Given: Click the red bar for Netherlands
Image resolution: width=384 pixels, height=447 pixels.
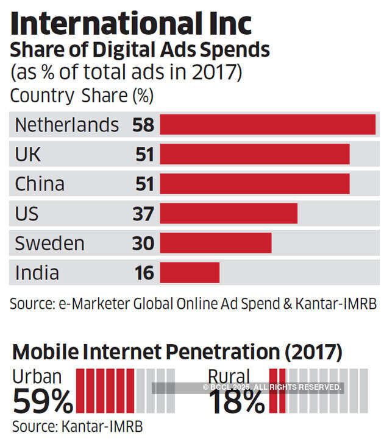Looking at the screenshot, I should pyautogui.click(x=268, y=125).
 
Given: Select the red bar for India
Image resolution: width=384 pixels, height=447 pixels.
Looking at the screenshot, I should pyautogui.click(x=190, y=273).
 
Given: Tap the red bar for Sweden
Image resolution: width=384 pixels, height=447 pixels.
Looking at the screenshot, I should pyautogui.click(x=215, y=244).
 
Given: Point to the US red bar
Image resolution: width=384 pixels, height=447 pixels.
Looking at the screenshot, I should pyautogui.click(x=229, y=214).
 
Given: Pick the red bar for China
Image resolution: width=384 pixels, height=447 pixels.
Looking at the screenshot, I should pyautogui.click(x=255, y=184).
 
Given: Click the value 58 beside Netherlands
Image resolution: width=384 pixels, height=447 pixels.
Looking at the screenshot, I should pyautogui.click(x=144, y=125).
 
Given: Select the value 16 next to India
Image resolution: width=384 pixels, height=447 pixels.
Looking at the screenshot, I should pyautogui.click(x=144, y=273).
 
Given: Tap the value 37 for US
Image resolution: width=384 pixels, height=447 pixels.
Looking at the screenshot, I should pyautogui.click(x=144, y=214).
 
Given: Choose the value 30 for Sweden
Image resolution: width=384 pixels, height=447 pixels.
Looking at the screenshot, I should pyautogui.click(x=144, y=244).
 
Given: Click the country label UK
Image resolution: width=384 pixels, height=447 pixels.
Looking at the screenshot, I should pyautogui.click(x=28, y=155).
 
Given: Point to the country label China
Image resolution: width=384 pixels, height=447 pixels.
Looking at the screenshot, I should pyautogui.click(x=40, y=184).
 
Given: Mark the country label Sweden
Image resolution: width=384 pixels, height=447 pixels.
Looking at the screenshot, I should pyautogui.click(x=49, y=244).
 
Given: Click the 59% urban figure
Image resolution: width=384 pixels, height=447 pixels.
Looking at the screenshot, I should pyautogui.click(x=43, y=401).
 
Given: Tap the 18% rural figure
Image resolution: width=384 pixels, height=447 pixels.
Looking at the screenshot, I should pyautogui.click(x=236, y=401).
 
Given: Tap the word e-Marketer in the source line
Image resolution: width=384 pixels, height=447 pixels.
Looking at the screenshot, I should pyautogui.click(x=89, y=303).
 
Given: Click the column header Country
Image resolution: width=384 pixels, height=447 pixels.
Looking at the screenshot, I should pyautogui.click(x=42, y=96).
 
